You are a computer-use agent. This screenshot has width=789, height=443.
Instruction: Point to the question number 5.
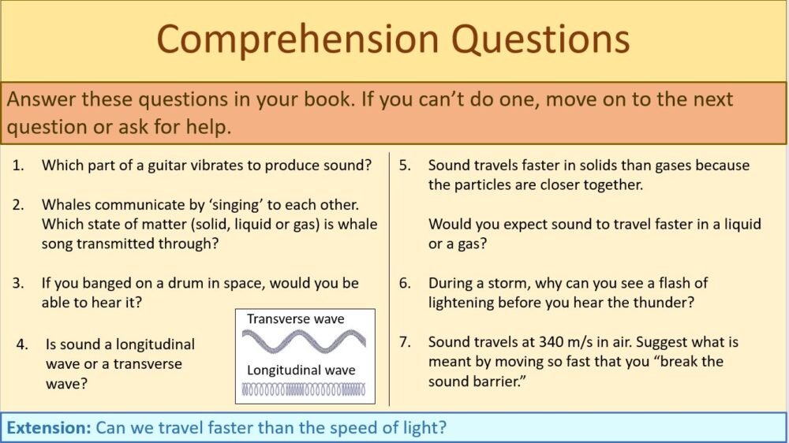(x=404, y=166)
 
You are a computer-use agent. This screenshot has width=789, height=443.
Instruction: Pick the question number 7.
(x=404, y=342)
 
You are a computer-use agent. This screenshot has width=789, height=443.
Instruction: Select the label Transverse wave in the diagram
(x=296, y=319)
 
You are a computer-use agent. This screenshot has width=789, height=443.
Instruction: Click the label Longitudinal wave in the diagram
(x=301, y=370)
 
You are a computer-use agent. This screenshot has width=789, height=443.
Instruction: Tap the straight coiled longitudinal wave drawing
(x=304, y=389)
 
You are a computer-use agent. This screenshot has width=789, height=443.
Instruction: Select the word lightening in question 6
(x=469, y=303)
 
